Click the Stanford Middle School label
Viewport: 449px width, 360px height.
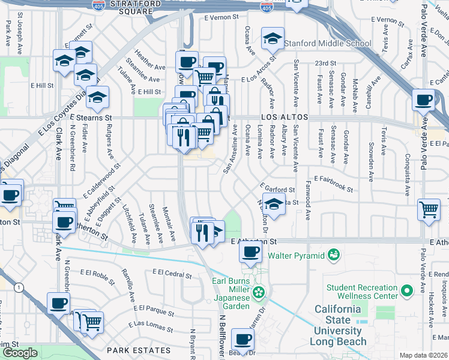328,43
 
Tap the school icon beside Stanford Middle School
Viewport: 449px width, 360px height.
273,40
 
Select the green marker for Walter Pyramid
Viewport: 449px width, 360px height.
333,256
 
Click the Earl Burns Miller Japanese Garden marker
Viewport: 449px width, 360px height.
259,293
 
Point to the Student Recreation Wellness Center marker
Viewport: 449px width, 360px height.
407,291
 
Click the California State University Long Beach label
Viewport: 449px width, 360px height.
338,325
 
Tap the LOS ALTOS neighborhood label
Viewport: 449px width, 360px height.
284,118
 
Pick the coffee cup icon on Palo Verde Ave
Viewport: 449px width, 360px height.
424,100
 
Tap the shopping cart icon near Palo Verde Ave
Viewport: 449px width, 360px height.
429,209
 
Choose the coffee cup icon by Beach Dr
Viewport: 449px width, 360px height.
243,340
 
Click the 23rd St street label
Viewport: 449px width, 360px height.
325,63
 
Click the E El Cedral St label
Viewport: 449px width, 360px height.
172,274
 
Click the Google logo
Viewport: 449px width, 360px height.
20,353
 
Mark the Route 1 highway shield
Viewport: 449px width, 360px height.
20,288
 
